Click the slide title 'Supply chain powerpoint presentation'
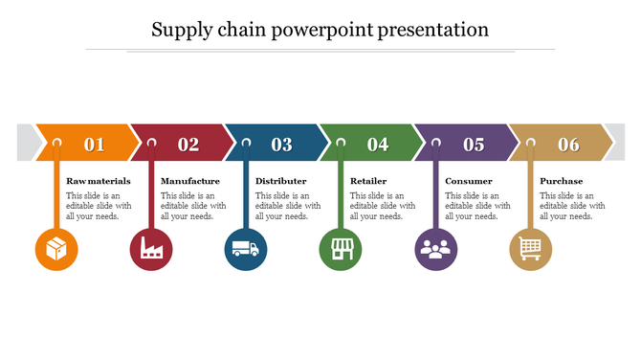(320, 30)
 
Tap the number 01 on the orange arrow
(94, 145)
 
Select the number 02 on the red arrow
(188, 145)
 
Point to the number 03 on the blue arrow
(281, 145)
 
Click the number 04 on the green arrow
(378, 145)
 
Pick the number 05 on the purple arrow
(474, 145)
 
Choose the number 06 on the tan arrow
(569, 145)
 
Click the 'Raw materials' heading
(99, 181)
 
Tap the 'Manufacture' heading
(190, 181)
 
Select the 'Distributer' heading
(281, 181)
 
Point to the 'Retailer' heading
(368, 181)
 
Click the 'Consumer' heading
(469, 181)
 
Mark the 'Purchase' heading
(562, 181)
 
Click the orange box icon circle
(56, 250)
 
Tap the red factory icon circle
(151, 250)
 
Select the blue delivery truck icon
(246, 250)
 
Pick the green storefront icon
(341, 250)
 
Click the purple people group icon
(436, 250)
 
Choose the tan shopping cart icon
(531, 250)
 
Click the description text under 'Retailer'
(383, 206)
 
